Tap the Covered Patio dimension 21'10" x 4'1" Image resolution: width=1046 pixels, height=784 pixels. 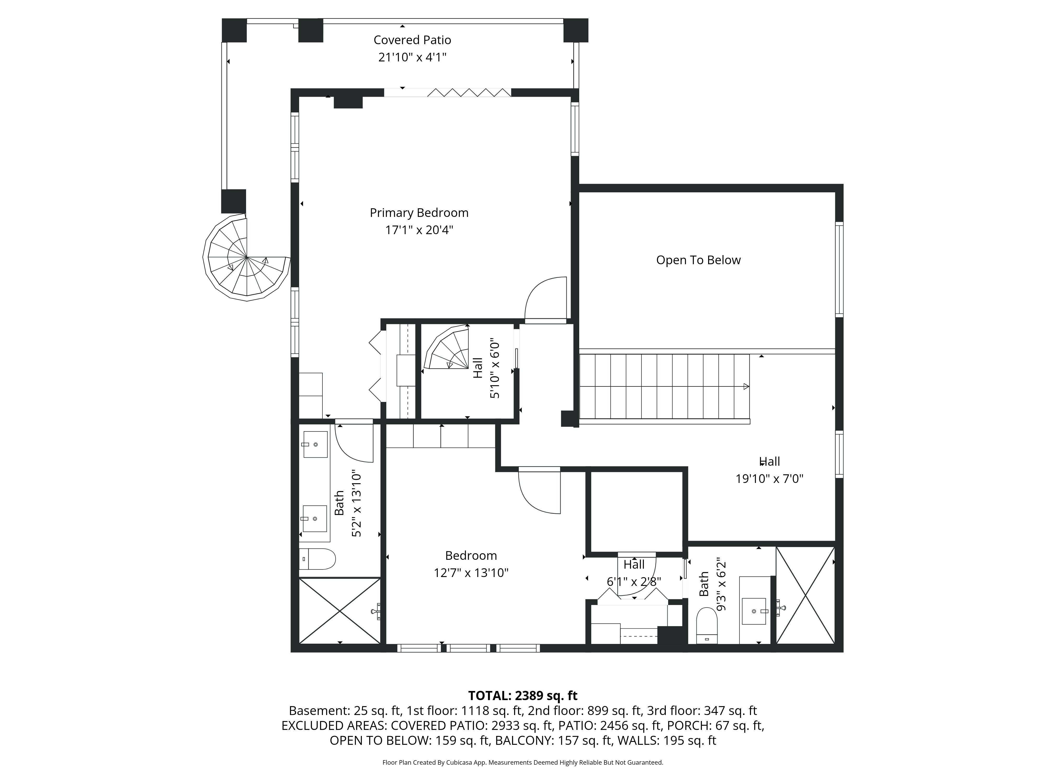(x=412, y=57)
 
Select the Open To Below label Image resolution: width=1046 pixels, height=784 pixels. (x=698, y=260)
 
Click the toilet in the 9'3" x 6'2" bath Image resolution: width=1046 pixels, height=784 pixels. (x=707, y=625)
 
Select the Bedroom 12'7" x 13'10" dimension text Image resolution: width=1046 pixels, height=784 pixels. (x=471, y=573)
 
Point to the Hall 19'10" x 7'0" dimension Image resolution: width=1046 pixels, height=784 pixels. (x=769, y=479)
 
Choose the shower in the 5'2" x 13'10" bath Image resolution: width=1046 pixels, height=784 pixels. (x=340, y=610)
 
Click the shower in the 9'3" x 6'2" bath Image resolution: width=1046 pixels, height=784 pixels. (x=806, y=595)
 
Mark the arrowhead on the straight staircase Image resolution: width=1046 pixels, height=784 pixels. (x=746, y=387)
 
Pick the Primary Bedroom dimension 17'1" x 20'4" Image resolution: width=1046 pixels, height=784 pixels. (x=419, y=230)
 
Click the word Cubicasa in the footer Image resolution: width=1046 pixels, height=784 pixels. (x=457, y=762)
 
